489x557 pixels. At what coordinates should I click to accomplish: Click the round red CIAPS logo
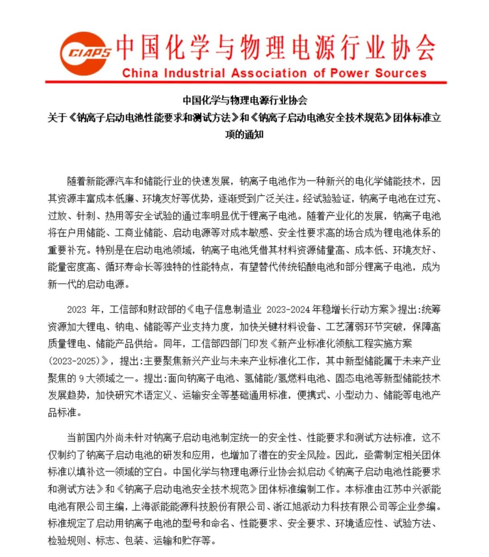(85, 53)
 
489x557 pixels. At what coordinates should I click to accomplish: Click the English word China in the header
(140, 73)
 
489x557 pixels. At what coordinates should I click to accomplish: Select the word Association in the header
(268, 73)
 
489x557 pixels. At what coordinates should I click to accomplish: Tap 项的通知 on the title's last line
(244, 134)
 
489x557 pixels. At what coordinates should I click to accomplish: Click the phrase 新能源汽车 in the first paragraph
(110, 182)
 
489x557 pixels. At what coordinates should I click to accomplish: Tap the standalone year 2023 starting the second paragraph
(77, 310)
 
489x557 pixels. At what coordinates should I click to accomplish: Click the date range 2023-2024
(288, 310)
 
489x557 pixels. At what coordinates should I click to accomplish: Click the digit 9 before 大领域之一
(82, 379)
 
